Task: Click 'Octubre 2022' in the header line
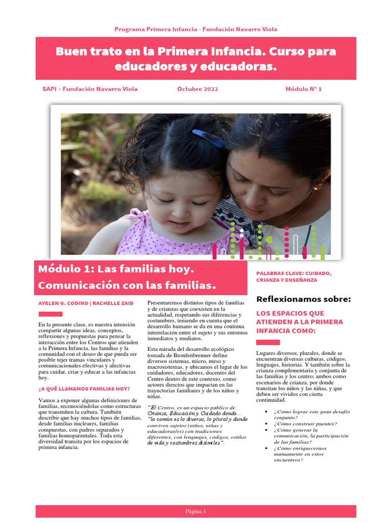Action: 198,89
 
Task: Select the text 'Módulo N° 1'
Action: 304,89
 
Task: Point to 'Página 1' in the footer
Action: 196,511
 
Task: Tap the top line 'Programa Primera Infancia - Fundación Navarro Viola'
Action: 196,29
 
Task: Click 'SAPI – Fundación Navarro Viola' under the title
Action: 90,89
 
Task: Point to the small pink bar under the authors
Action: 51,314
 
